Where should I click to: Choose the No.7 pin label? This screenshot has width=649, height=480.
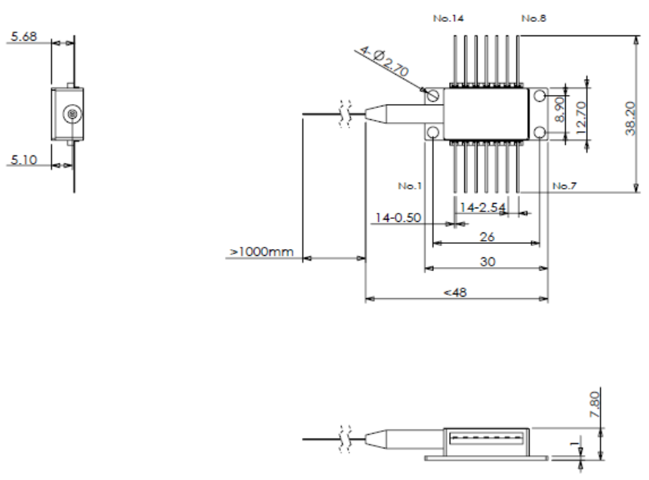[x=565, y=185]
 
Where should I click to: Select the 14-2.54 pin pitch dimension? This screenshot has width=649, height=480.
[x=483, y=207]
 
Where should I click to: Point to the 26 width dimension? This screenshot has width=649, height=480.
[x=487, y=236]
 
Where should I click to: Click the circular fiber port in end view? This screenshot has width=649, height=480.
[x=72, y=114]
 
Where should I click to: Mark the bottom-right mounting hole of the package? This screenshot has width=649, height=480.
[x=540, y=133]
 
